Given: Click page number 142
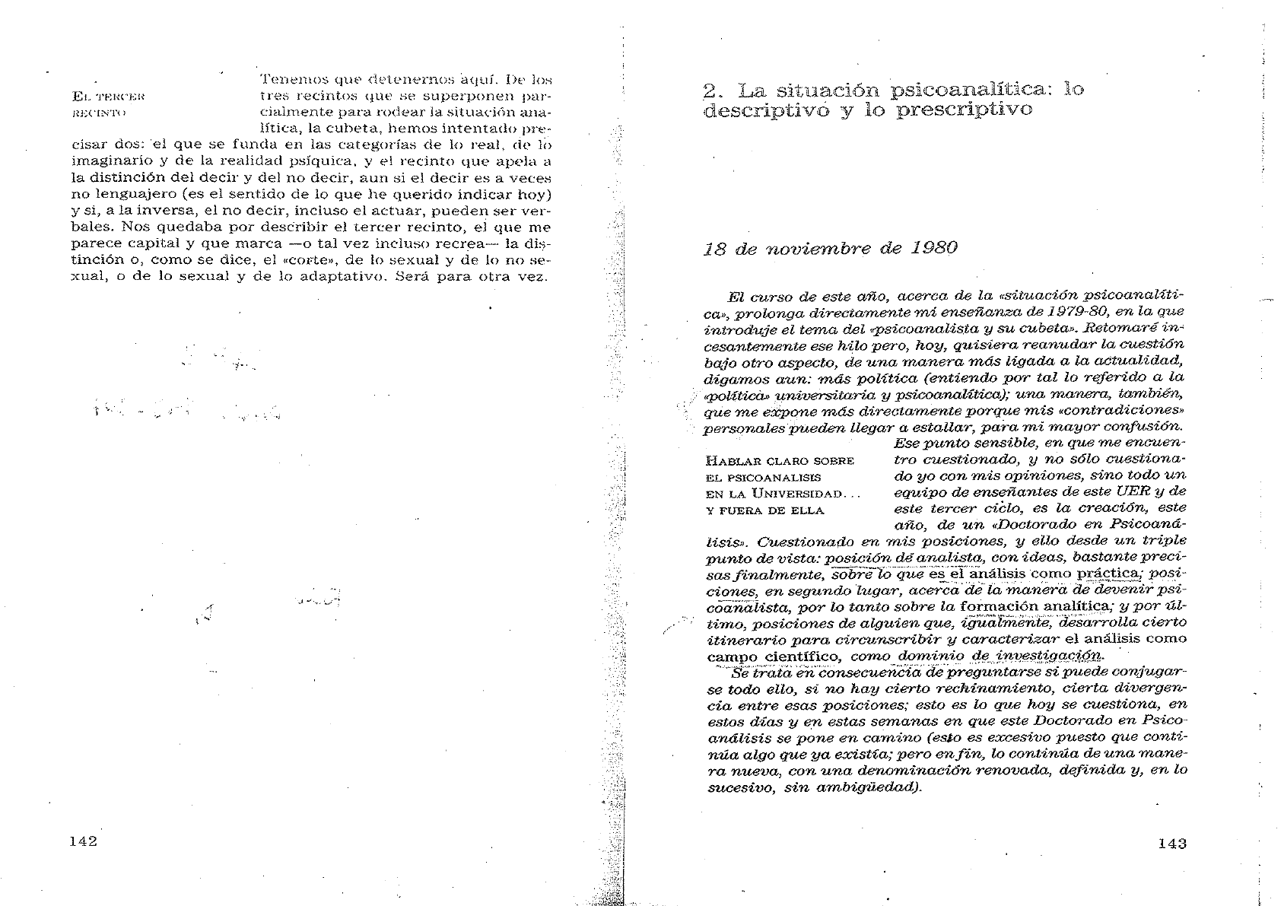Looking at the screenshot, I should pos(83,841).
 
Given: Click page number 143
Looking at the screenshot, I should pos(1172,843).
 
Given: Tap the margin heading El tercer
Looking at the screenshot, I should pos(107,97).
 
